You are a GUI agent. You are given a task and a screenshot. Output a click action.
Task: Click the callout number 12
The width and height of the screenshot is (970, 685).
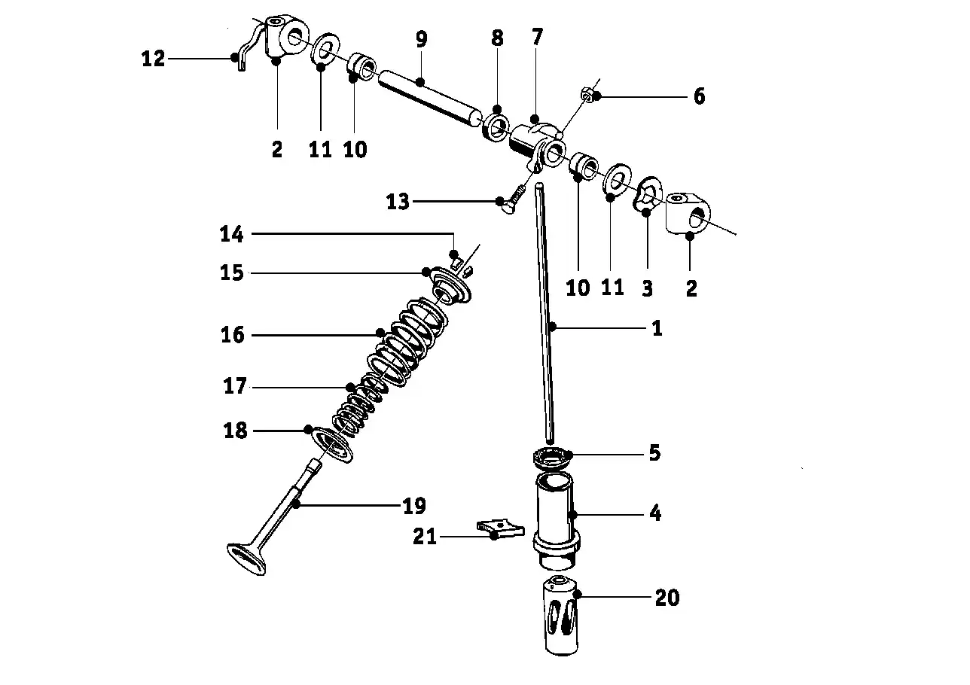pos(154,59)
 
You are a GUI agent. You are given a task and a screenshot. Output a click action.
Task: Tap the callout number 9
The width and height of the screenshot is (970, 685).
pos(421,39)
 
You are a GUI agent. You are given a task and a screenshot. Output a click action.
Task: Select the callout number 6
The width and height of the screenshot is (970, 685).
pos(699,96)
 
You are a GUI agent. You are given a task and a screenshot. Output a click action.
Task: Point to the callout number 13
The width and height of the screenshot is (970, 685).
pos(398,202)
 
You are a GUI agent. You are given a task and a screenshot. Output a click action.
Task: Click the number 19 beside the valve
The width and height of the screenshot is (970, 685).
pos(414,505)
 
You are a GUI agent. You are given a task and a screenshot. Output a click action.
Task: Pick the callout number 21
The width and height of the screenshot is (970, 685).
pos(425,537)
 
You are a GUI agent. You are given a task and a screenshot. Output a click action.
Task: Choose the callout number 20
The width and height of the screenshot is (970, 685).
pos(667,598)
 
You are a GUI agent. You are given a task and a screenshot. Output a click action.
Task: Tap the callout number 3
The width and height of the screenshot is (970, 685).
pos(647,288)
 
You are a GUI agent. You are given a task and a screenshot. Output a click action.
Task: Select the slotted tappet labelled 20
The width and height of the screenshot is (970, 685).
pos(561,615)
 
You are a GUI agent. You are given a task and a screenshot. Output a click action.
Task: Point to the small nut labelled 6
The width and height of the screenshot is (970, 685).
pos(587,92)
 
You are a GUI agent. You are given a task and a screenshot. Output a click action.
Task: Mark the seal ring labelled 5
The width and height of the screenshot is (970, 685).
pos(552,458)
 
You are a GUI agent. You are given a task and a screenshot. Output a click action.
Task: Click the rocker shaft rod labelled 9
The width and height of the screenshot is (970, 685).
pos(429,98)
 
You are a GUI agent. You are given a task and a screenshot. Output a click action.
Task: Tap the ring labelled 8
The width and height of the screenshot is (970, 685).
pos(496,126)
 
